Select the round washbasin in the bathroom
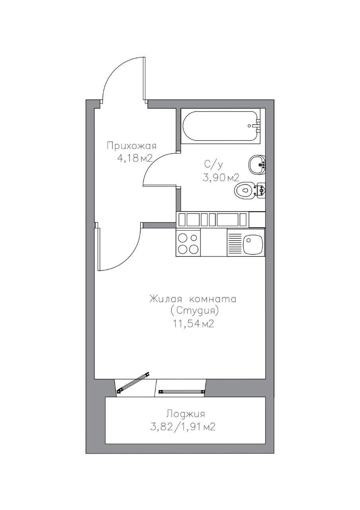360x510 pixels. click(x=257, y=165)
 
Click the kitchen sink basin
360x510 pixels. click(x=253, y=244)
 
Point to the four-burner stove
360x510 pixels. click(x=188, y=243)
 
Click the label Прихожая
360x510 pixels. click(x=132, y=146)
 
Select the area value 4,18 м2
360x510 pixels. click(x=135, y=159)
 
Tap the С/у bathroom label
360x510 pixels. click(x=213, y=165)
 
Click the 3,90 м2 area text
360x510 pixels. click(x=221, y=177)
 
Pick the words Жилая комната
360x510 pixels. click(x=193, y=299)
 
